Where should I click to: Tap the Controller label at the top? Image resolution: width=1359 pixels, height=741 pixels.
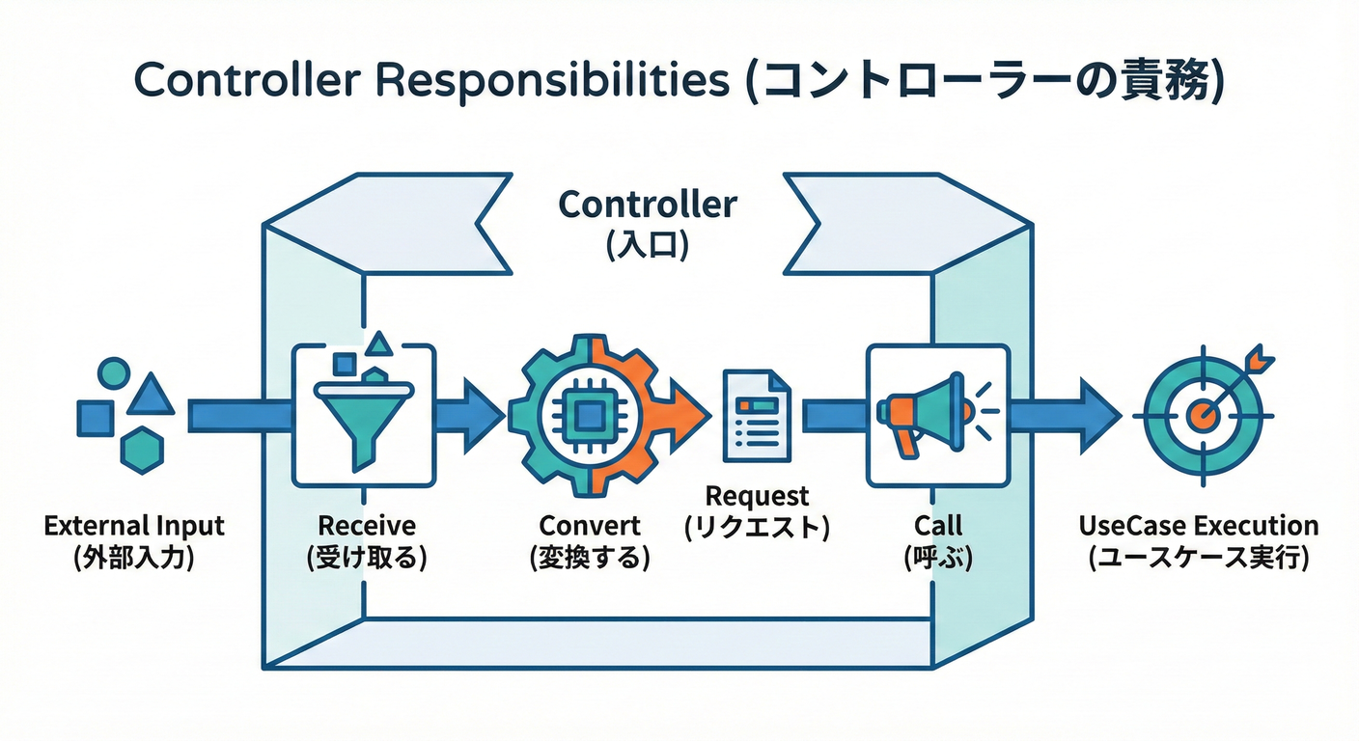coord(648,205)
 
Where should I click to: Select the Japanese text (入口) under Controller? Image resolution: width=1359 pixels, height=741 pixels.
coord(648,244)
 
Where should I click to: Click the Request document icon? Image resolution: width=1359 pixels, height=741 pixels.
coord(757,416)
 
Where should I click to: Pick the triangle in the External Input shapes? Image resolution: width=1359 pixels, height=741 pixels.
coord(150,395)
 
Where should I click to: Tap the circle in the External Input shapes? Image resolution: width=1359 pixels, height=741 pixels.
coord(114,372)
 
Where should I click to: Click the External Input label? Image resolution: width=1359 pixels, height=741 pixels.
coord(134,527)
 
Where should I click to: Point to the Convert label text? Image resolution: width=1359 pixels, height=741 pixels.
coord(589,526)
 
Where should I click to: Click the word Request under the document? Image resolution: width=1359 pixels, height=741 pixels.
coord(757,496)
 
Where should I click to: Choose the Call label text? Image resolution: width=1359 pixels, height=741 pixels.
coord(937,526)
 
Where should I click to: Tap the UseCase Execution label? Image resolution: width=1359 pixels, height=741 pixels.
coord(1198,526)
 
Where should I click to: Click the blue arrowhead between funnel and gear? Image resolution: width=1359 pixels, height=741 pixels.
coord(483,416)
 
